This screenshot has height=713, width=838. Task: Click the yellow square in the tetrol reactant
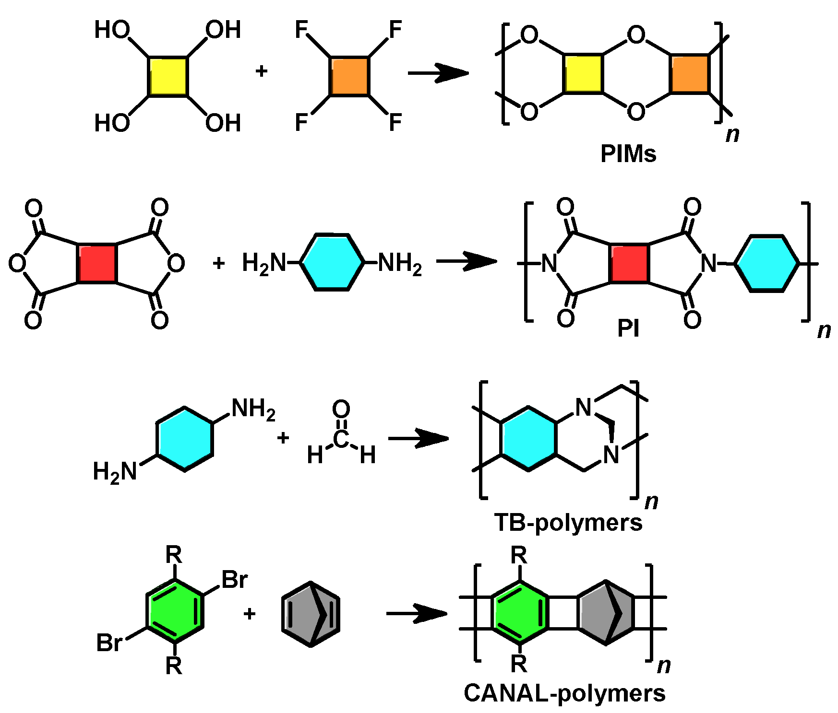pyautogui.click(x=168, y=77)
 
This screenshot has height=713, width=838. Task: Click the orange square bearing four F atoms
pyautogui.click(x=349, y=77)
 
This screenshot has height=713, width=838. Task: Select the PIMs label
pyautogui.click(x=628, y=154)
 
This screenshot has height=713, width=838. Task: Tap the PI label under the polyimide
pyautogui.click(x=628, y=329)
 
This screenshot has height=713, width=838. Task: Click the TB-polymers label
pyautogui.click(x=568, y=523)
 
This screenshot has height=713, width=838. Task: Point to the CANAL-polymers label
pyautogui.click(x=564, y=693)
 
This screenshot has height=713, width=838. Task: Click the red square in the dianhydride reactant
pyautogui.click(x=97, y=264)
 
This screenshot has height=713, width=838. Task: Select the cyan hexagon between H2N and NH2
pyautogui.click(x=333, y=262)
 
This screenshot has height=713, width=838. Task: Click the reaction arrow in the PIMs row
pyautogui.click(x=438, y=73)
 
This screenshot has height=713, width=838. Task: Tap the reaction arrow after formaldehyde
pyautogui.click(x=418, y=438)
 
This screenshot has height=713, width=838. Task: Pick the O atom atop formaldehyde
pyautogui.click(x=341, y=409)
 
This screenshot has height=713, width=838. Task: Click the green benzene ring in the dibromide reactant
pyautogui.click(x=175, y=611)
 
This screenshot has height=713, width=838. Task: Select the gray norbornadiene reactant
pyautogui.click(x=311, y=614)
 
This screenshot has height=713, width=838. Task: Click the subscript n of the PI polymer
pyautogui.click(x=824, y=330)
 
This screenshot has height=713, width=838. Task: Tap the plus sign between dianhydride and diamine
pyautogui.click(x=219, y=263)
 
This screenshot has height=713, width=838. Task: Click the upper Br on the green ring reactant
pyautogui.click(x=234, y=580)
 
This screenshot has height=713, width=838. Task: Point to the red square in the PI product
pyautogui.click(x=629, y=264)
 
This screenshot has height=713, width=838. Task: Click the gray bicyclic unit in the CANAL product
pyautogui.click(x=606, y=613)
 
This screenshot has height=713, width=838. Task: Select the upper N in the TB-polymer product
pyautogui.click(x=584, y=408)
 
